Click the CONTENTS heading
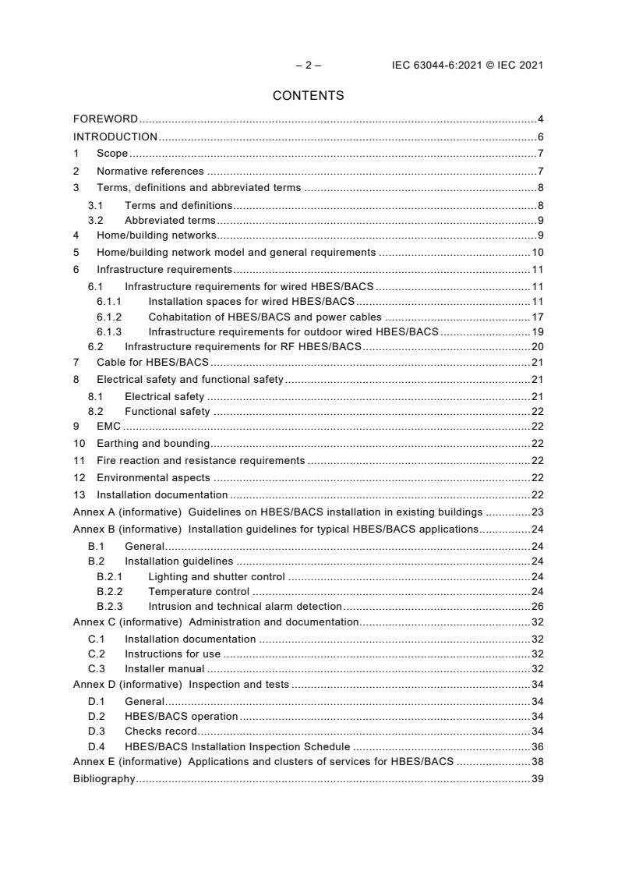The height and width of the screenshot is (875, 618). click(x=308, y=96)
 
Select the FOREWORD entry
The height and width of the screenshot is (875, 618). click(x=105, y=119)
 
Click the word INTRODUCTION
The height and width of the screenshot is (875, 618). click(x=115, y=136)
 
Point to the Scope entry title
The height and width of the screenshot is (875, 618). click(x=112, y=154)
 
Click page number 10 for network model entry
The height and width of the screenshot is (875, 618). click(x=537, y=253)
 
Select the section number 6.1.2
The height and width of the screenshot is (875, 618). click(x=109, y=317)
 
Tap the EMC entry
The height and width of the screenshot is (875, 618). click(x=108, y=426)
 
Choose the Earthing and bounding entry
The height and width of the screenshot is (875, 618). click(x=153, y=444)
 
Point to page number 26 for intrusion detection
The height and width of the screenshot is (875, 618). click(x=537, y=606)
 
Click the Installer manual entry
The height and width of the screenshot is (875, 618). click(x=164, y=668)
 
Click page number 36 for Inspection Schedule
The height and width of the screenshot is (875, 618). click(x=537, y=746)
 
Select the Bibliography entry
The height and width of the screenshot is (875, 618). click(x=104, y=778)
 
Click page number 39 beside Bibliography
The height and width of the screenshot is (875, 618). click(x=537, y=778)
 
